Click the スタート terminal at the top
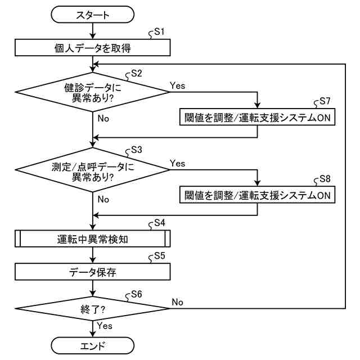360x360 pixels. [92, 15]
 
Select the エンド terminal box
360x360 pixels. [92, 345]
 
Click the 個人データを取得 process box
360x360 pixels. [92, 47]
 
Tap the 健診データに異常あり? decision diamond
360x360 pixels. [92, 92]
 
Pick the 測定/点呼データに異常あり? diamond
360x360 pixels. [92, 170]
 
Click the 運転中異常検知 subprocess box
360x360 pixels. [92, 238]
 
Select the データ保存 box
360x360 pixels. [92, 272]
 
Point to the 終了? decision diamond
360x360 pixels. [92, 309]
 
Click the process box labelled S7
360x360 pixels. [257, 117]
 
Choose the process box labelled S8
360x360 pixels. [257, 195]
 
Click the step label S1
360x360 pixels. [159, 31]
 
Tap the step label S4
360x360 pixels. [160, 223]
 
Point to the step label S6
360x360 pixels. [137, 294]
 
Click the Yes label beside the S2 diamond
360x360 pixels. [178, 85]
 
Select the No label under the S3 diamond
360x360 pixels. [103, 199]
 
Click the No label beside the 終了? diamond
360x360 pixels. [178, 302]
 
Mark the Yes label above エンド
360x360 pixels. [105, 326]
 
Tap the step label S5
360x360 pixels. [160, 255]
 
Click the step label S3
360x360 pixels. [137, 150]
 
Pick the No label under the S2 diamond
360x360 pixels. [103, 119]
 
